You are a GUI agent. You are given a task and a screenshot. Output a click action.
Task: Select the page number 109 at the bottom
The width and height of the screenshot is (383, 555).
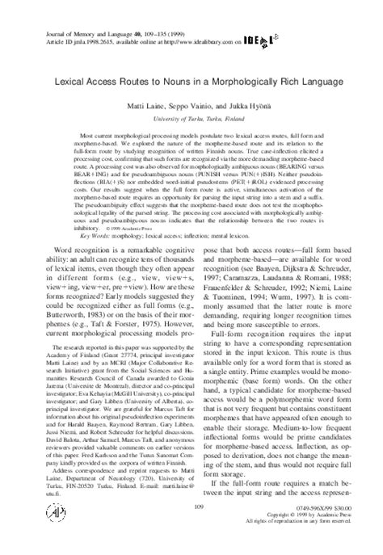click(x=191, y=528)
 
